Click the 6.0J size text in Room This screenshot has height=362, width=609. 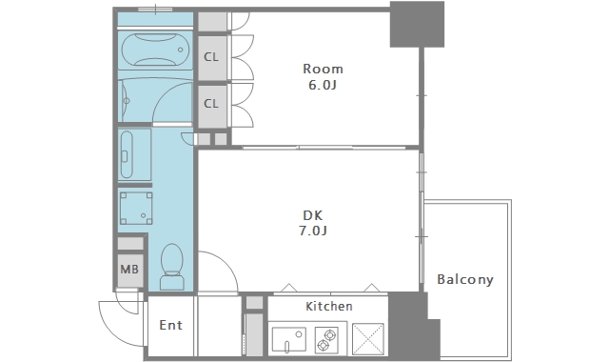(x=323, y=85)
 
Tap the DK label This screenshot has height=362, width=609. (x=313, y=215)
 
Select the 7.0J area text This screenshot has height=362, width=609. (x=313, y=231)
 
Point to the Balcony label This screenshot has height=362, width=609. (x=465, y=279)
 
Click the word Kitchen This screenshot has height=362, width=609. (x=329, y=307)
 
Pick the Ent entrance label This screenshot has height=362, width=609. (x=170, y=325)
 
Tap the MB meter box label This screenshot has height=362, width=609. (x=129, y=269)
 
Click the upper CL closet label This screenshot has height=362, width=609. (x=211, y=57)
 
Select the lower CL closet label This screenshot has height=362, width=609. (x=211, y=104)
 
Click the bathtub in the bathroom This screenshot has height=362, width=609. (x=155, y=50)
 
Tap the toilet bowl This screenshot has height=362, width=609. (x=171, y=267)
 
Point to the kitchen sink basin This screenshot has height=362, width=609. (x=288, y=339)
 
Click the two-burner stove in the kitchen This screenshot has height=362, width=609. (x=326, y=340)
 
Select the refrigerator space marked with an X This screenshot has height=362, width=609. (x=368, y=339)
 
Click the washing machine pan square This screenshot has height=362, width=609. (x=135, y=209)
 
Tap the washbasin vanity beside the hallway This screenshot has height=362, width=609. (x=134, y=154)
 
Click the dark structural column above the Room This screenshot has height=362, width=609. (x=417, y=24)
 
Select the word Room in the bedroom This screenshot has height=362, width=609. (x=323, y=69)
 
